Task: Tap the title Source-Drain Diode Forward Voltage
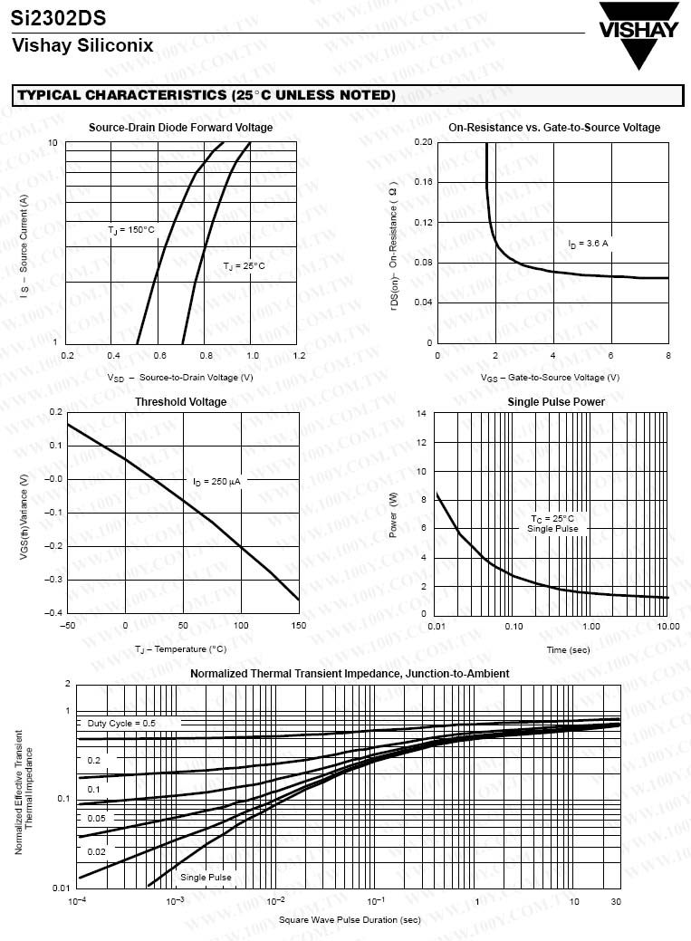click(x=180, y=128)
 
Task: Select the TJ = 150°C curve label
click(x=131, y=230)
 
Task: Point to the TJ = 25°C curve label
click(x=244, y=265)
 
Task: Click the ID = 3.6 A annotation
click(x=588, y=244)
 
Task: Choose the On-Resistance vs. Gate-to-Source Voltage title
click(x=554, y=128)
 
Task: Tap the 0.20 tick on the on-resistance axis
click(x=423, y=143)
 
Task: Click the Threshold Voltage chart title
click(x=181, y=402)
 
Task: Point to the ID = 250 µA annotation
click(x=216, y=481)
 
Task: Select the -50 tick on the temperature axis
click(x=67, y=626)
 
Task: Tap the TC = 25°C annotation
click(x=552, y=519)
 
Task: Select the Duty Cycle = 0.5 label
click(x=121, y=724)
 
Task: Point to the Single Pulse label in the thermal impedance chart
click(x=206, y=877)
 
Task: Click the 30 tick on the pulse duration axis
click(x=616, y=901)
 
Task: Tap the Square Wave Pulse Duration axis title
click(x=350, y=920)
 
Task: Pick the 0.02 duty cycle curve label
click(x=96, y=852)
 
